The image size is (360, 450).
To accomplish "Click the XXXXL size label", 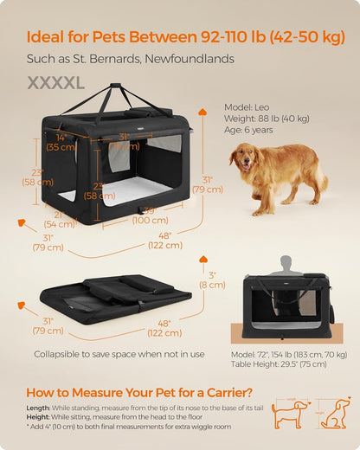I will pyautogui.click(x=56, y=82).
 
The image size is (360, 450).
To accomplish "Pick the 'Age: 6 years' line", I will pyautogui.click(x=251, y=130).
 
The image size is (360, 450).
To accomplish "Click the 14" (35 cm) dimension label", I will pyautogui.click(x=61, y=142).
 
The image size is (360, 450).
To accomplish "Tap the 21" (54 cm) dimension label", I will pyautogui.click(x=58, y=219).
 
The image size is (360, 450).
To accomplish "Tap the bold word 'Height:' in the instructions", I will pyautogui.click(x=38, y=416).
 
